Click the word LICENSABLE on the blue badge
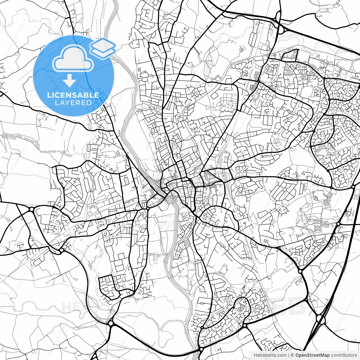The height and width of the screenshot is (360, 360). (73, 95)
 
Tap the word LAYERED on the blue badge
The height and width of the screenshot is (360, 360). (73, 103)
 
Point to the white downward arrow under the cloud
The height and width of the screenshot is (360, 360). (69, 81)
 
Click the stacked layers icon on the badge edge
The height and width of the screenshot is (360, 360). (103, 48)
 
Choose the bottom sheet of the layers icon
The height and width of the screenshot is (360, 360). (103, 52)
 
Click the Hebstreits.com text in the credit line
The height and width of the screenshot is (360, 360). (270, 355)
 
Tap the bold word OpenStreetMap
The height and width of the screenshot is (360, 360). (312, 355)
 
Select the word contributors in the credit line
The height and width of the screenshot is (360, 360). (344, 355)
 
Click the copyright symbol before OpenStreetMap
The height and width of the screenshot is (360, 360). (292, 355)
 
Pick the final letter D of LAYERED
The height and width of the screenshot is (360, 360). (89, 103)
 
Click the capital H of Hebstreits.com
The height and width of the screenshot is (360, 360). (255, 355)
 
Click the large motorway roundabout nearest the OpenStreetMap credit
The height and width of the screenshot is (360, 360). (320, 319)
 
